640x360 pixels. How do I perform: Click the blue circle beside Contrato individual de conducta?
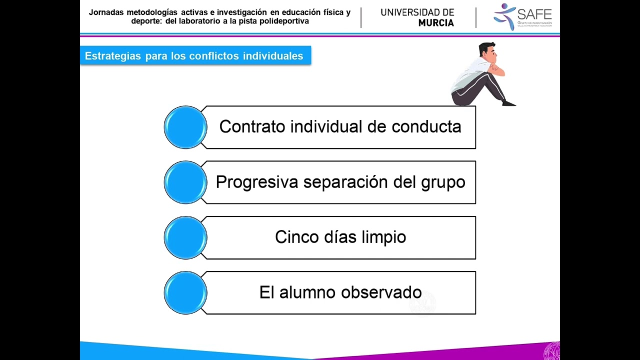point(185,127)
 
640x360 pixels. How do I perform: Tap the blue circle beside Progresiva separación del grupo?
point(185,182)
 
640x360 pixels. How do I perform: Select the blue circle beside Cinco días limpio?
point(185,237)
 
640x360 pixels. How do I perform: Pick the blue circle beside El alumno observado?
point(185,293)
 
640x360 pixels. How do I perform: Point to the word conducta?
point(426,126)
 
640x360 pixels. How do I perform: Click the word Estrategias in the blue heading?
point(113,56)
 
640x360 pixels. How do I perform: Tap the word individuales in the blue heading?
point(273,56)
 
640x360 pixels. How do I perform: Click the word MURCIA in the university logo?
point(436,23)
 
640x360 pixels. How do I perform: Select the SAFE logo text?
point(534,13)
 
